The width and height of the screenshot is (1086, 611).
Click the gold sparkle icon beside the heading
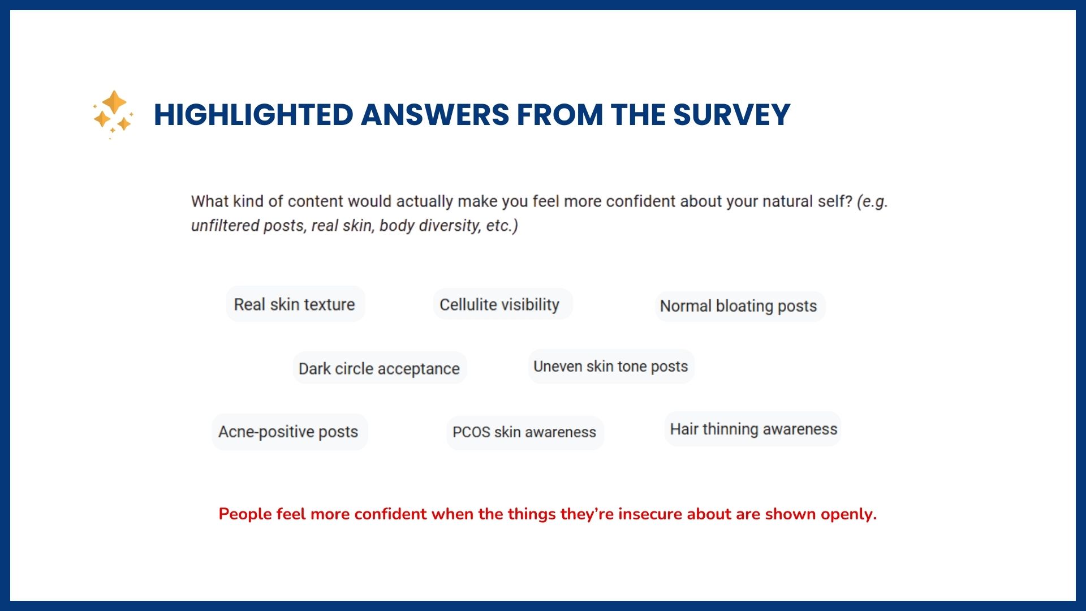coord(114,114)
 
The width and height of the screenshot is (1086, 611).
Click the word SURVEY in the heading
coord(731,115)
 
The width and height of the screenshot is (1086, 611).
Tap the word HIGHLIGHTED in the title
coord(253,115)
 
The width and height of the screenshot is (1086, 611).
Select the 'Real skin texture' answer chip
coord(295,304)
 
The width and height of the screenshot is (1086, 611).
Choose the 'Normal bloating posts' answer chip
coord(740,306)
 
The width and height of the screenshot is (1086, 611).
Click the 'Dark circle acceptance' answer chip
coord(380,368)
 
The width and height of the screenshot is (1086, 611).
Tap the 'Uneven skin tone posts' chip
coord(611,367)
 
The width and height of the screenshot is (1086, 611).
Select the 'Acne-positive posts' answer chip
coord(290,432)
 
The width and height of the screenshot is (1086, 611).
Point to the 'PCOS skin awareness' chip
coord(525,432)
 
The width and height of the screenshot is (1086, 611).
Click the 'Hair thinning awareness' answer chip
coord(753,429)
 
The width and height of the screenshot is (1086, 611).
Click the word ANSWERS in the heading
coord(435,115)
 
